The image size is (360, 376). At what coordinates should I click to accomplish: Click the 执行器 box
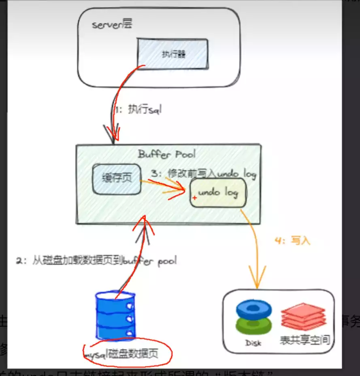tap(173, 54)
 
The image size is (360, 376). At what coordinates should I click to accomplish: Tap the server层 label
tap(112, 25)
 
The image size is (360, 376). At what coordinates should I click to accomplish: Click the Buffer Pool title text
tap(166, 154)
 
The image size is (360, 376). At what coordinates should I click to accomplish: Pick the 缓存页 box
tap(117, 178)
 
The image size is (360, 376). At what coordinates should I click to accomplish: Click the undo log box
tap(218, 193)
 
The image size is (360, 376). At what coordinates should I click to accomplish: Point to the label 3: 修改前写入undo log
tap(203, 174)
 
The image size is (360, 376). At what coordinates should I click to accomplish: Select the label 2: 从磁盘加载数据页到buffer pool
tap(96, 260)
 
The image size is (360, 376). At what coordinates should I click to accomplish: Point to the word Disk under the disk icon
tap(253, 343)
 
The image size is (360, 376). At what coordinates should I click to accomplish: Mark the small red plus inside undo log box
tap(195, 198)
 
